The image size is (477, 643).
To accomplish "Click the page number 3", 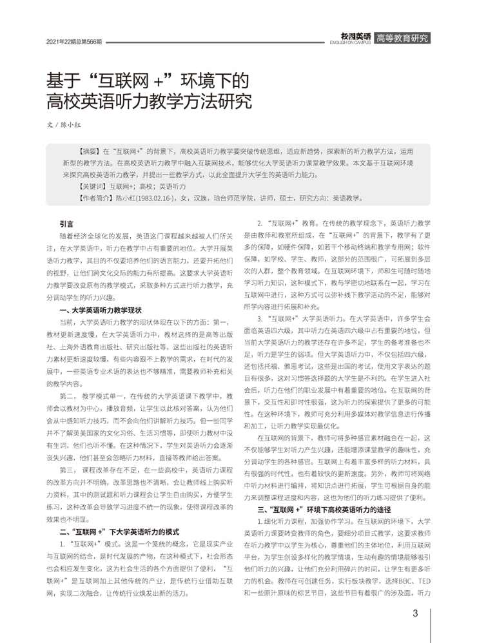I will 416,613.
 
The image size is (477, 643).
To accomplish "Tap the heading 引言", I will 66,224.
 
